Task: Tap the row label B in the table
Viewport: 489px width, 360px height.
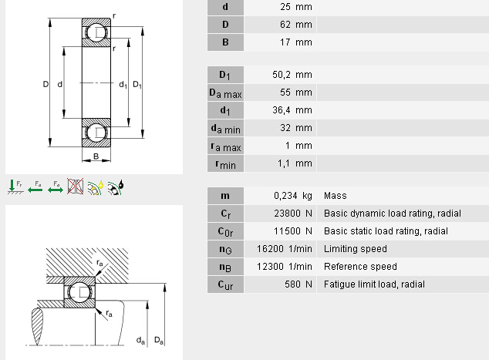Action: [224, 42]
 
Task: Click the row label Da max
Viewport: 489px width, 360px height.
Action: [224, 93]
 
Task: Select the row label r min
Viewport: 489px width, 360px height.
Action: [224, 163]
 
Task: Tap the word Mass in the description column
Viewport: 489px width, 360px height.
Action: [336, 196]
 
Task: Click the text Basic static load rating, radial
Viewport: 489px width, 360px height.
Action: [386, 231]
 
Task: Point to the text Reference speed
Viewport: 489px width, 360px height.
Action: [360, 267]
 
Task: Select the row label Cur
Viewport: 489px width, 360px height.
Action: [224, 284]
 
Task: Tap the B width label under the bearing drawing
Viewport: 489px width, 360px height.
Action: [96, 157]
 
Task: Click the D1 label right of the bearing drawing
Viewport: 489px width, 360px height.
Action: [137, 83]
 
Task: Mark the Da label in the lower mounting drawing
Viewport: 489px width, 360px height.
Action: [158, 340]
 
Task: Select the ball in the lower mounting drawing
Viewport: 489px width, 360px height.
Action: [80, 293]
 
